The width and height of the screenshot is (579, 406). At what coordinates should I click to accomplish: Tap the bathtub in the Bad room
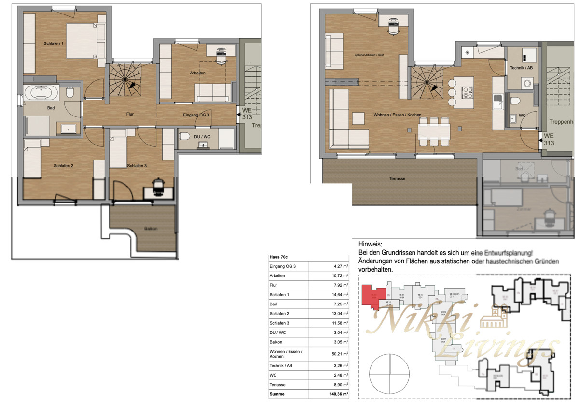[x=41, y=92]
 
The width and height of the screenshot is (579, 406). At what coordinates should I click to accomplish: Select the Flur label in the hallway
[x=127, y=114]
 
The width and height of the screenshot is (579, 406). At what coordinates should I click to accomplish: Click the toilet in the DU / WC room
[x=184, y=137]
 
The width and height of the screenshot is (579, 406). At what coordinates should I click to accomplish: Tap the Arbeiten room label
[x=197, y=73]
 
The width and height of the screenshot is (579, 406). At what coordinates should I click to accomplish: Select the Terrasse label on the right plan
[x=398, y=178]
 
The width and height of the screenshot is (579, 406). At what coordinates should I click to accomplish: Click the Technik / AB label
[x=521, y=68]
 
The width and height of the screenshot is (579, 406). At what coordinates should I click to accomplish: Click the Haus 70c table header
[x=278, y=258]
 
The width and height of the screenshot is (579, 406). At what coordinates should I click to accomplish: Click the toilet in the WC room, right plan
[x=515, y=101]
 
